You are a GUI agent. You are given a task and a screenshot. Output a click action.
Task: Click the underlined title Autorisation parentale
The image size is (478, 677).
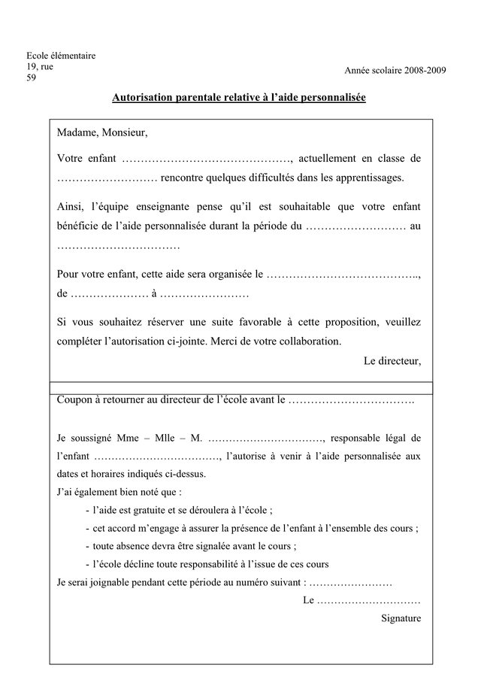point(238,98)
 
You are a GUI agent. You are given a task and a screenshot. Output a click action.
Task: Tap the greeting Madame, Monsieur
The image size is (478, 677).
point(102,133)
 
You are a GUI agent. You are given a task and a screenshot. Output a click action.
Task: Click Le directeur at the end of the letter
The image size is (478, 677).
point(392,360)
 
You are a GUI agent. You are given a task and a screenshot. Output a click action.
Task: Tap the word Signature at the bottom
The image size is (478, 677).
point(401,618)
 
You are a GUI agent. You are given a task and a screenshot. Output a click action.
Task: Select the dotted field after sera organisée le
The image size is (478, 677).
point(343,275)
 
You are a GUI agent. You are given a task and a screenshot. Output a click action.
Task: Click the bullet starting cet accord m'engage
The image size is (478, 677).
point(256,528)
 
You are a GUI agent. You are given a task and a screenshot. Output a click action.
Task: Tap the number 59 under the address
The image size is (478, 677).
point(32,77)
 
